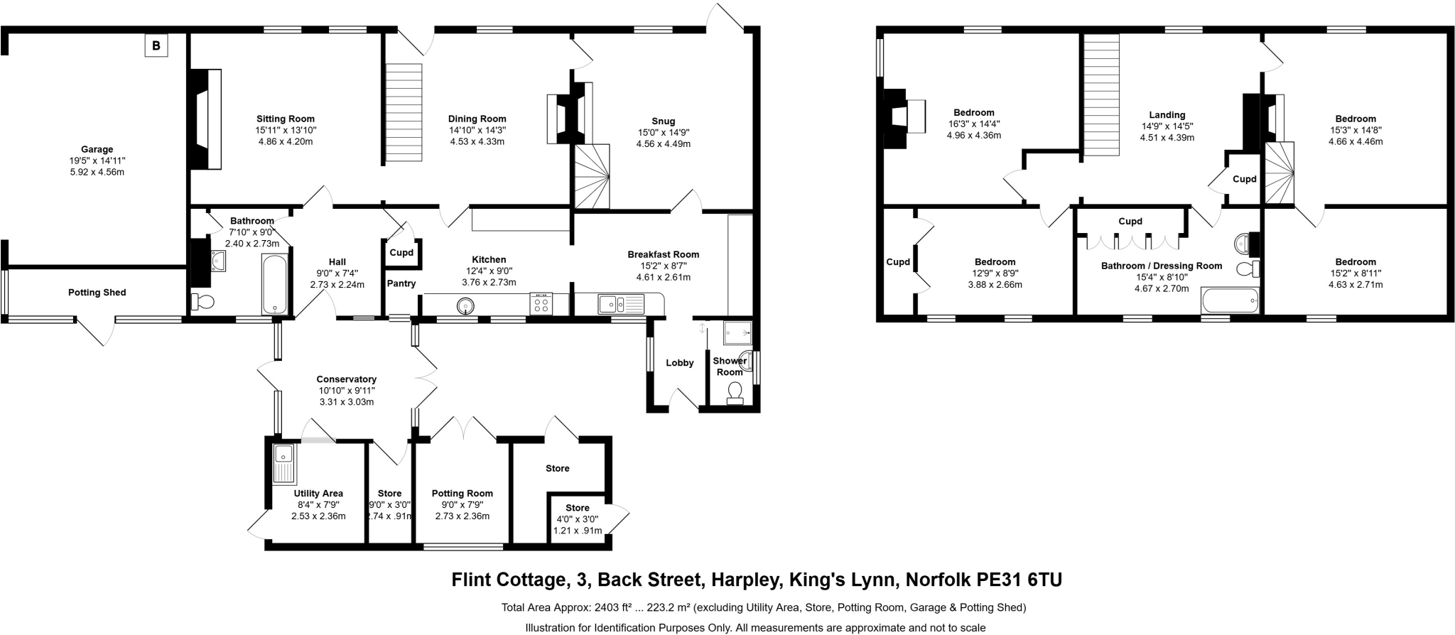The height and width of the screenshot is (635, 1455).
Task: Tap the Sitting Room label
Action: point(286,119)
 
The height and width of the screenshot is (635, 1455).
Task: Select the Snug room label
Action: point(663,121)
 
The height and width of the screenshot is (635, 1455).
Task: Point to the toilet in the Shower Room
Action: point(735,391)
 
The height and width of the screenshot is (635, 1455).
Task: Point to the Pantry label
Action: point(401,283)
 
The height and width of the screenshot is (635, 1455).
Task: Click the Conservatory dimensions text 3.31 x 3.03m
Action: point(346,402)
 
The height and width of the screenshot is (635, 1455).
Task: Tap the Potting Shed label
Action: point(97,293)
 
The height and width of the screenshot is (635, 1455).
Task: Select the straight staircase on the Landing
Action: point(1101,96)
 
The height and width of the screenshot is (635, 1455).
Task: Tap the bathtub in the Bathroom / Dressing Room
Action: point(1230,300)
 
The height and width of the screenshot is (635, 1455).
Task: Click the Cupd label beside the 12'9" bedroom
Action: point(898,262)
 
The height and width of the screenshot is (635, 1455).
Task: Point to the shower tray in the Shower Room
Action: point(737,332)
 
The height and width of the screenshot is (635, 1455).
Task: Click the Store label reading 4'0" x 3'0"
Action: point(578,508)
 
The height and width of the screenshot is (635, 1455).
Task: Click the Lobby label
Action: point(680,363)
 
